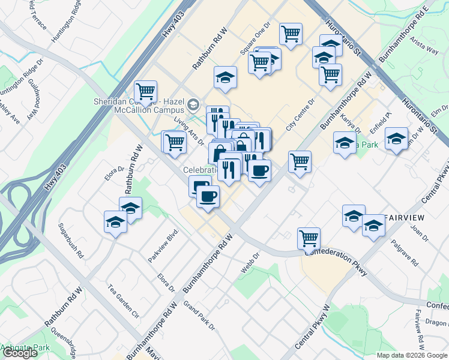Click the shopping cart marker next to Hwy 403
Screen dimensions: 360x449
coord(145,91)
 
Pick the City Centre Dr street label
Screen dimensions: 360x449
coord(301,115)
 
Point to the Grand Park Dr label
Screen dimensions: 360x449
coord(199,317)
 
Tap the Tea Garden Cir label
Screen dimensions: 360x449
coord(122,301)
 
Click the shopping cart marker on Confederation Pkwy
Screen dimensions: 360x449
coord(309,238)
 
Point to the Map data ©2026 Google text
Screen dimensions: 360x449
coord(411,355)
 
